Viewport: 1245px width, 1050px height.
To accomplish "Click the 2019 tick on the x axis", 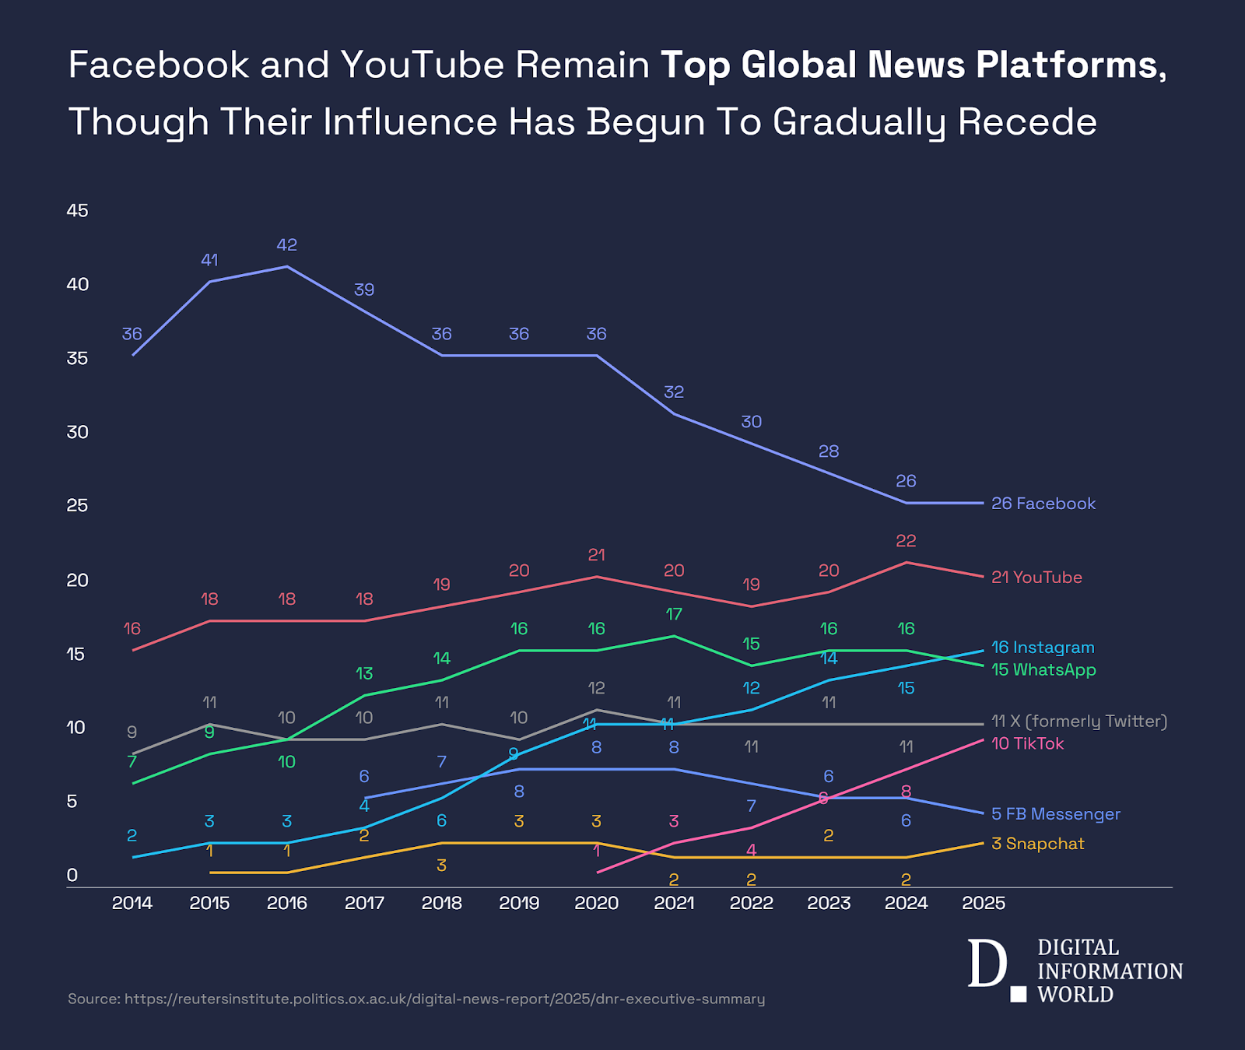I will pos(519,903).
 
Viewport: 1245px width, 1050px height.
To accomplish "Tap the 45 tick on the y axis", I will pos(78,210).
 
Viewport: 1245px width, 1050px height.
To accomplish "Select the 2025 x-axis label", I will pos(984,903).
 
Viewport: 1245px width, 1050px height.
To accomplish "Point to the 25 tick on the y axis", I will pos(78,505).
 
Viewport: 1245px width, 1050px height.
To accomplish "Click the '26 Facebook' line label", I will pos(1043,504).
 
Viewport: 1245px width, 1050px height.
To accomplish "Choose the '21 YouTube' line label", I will pos(1036,578).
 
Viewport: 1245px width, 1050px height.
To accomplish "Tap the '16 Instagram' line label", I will pos(1043,648).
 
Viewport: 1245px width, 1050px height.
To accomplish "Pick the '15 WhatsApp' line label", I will pos(1043,669).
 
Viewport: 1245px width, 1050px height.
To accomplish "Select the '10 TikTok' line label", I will pos(1027,743).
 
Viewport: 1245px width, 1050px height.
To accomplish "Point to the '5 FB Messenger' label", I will pos(1056,814).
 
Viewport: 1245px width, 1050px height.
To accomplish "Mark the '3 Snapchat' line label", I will pos(1037,844).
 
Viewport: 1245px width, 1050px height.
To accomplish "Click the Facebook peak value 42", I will pos(287,245).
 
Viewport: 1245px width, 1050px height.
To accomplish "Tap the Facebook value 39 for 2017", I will pos(364,290).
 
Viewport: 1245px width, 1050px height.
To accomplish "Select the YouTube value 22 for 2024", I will pos(906,541).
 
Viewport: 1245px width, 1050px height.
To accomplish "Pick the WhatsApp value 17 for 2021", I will pos(674,614).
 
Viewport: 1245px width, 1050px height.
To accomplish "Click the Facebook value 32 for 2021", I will pos(674,392).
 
